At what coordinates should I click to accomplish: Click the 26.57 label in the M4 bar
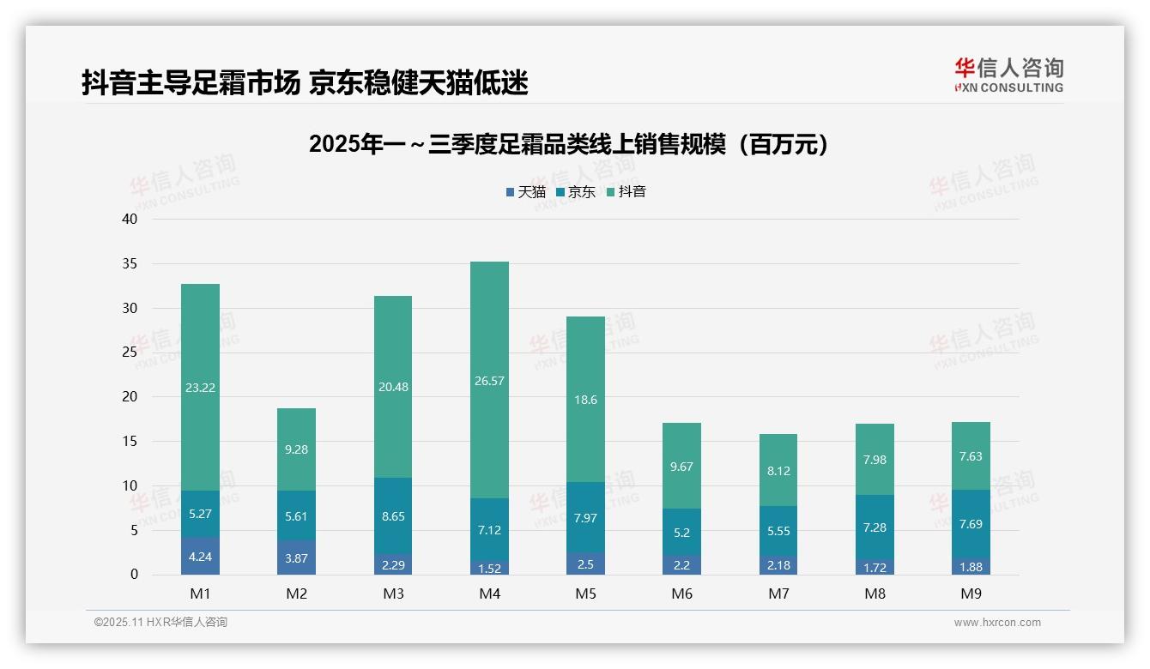(489, 381)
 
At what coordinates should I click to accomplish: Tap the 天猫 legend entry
(526, 192)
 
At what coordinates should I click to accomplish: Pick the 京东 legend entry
(576, 192)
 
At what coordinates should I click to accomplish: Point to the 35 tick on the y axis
(130, 264)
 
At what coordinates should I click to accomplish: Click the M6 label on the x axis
(681, 594)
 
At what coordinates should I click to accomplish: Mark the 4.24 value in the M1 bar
(200, 557)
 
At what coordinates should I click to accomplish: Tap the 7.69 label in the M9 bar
(971, 524)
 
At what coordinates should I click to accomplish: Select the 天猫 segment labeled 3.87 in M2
(296, 557)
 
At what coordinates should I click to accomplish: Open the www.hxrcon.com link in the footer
(997, 623)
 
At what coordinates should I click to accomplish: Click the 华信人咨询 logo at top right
(1008, 75)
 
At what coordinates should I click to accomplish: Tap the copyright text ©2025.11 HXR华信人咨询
(160, 623)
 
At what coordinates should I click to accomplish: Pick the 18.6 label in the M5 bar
(585, 400)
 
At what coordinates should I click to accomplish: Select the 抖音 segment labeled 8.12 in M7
(778, 470)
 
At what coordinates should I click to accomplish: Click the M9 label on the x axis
(971, 594)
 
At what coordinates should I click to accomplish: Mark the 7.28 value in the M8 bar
(875, 527)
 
